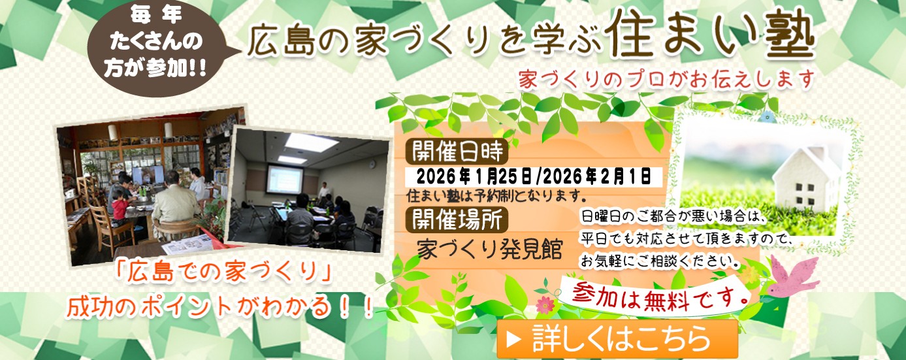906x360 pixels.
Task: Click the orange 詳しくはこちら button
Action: tap(617, 338)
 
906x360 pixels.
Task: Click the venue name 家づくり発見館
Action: tap(489, 250)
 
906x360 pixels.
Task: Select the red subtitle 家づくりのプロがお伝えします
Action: tap(666, 80)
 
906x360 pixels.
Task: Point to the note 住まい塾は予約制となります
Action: tap(493, 195)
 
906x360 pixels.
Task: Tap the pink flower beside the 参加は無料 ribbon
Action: tap(544, 304)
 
